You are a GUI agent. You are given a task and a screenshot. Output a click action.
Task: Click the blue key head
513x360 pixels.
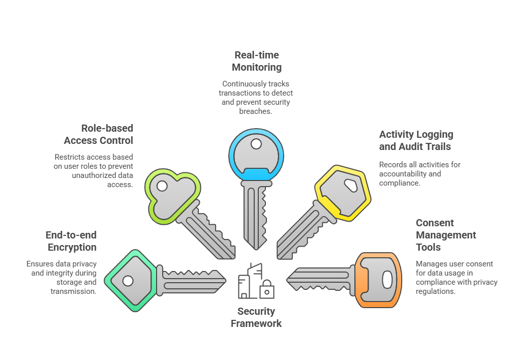(x=256, y=155)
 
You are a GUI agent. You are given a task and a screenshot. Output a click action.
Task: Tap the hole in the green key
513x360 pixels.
(x=128, y=280)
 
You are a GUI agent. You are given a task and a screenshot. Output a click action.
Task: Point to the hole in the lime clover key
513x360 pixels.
(x=162, y=186)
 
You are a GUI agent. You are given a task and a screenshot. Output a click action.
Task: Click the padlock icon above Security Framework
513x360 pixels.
(x=267, y=290)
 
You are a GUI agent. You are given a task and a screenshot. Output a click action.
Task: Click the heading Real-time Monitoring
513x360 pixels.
(x=256, y=61)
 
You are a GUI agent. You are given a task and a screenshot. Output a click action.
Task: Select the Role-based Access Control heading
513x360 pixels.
(x=100, y=134)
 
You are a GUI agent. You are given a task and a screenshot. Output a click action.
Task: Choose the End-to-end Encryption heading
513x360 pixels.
(x=71, y=241)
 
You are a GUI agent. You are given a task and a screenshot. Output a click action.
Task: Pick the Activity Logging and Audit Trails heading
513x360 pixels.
(x=416, y=140)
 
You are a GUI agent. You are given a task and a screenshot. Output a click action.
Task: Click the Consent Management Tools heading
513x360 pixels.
(x=446, y=235)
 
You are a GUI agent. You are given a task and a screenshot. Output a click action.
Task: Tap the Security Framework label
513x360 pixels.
(x=256, y=317)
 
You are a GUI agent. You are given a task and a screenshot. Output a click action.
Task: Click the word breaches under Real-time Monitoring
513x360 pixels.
(x=256, y=111)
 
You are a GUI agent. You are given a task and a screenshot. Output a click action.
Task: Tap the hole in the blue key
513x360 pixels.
(x=256, y=145)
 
